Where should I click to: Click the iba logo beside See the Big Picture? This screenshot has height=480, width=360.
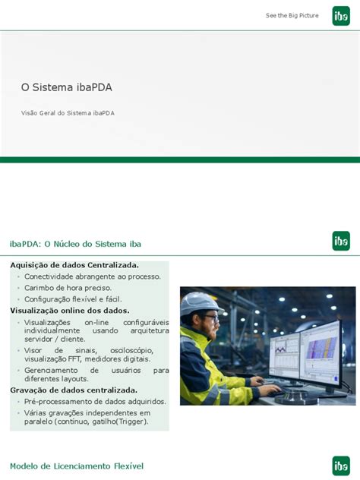[x=341, y=16]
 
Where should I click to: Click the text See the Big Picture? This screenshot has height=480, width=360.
[x=292, y=16]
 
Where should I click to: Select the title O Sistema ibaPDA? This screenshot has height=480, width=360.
[x=67, y=87]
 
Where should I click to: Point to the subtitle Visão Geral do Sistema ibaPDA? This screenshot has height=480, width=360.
[x=68, y=112]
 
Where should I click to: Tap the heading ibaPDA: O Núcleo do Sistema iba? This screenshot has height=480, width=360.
[x=75, y=243]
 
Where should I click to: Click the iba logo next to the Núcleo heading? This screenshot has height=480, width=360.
[x=341, y=241]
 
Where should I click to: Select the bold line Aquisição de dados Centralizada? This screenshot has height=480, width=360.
[x=74, y=265]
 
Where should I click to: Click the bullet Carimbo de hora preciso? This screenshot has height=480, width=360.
[x=68, y=288]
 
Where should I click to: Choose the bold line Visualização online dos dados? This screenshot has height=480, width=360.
[x=70, y=311]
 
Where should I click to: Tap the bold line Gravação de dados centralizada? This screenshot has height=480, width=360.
[x=74, y=390]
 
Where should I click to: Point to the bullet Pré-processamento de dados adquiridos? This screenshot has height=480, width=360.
[x=95, y=401]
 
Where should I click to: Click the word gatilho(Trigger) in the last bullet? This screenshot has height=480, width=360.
[x=119, y=422]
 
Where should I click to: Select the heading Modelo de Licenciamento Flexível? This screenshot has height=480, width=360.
[x=76, y=466]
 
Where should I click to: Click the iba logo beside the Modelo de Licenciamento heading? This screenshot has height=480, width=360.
[x=341, y=465]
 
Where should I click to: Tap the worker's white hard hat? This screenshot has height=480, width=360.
[x=199, y=302]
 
